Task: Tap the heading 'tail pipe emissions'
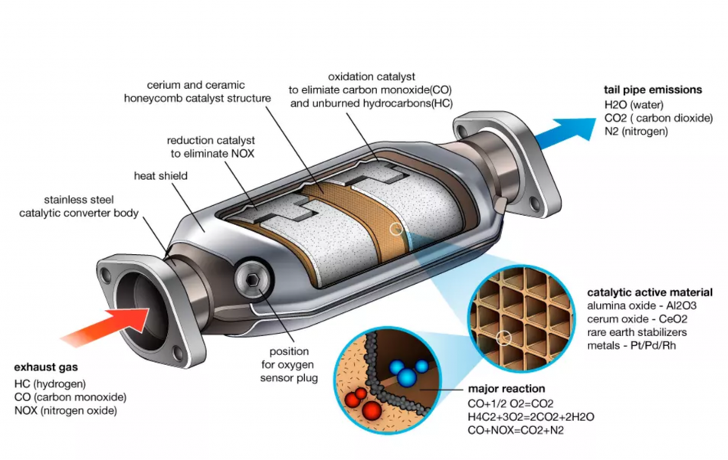pyautogui.click(x=653, y=90)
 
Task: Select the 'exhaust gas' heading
pyautogui.click(x=46, y=367)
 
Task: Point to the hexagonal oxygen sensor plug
pyautogui.click(x=253, y=279)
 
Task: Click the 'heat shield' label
pyautogui.click(x=161, y=176)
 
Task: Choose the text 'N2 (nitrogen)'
pyautogui.click(x=636, y=131)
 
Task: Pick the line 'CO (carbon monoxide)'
pyautogui.click(x=70, y=397)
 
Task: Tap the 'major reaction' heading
pyautogui.click(x=507, y=389)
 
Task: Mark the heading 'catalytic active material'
pyautogui.click(x=650, y=292)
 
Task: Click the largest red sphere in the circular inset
pyautogui.click(x=370, y=409)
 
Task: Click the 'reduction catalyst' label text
pyautogui.click(x=211, y=140)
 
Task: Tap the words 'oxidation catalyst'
pyautogui.click(x=372, y=77)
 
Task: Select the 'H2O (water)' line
pyautogui.click(x=634, y=105)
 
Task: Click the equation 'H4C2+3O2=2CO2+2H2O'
pyautogui.click(x=531, y=417)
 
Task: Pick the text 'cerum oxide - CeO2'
pyautogui.click(x=637, y=319)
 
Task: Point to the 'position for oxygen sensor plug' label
pyautogui.click(x=289, y=364)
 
